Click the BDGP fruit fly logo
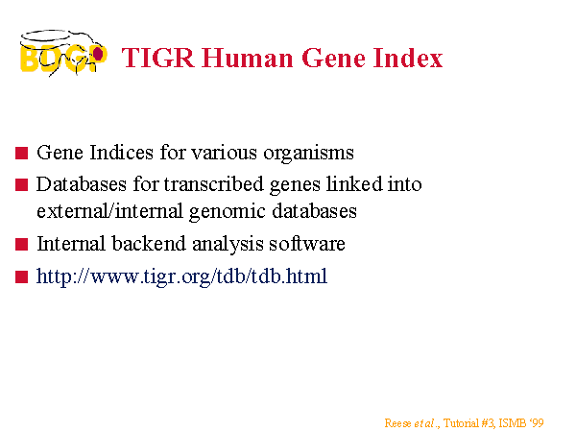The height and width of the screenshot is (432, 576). click(x=63, y=53)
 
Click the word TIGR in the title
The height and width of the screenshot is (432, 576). click(x=158, y=58)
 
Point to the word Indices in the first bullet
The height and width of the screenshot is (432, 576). click(x=121, y=152)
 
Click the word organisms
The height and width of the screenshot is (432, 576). click(x=308, y=154)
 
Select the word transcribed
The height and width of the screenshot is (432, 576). click(x=214, y=184)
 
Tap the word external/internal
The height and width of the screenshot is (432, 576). click(x=109, y=211)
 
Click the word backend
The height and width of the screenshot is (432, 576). click(x=149, y=243)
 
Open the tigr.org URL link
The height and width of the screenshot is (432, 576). click(x=181, y=276)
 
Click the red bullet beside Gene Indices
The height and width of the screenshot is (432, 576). click(x=22, y=154)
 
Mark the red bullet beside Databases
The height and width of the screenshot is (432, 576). click(x=22, y=184)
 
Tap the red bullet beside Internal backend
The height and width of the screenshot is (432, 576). click(x=22, y=244)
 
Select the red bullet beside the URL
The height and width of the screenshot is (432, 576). click(x=22, y=277)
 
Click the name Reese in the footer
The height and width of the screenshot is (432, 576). click(x=397, y=423)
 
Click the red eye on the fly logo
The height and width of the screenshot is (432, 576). click(x=98, y=54)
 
